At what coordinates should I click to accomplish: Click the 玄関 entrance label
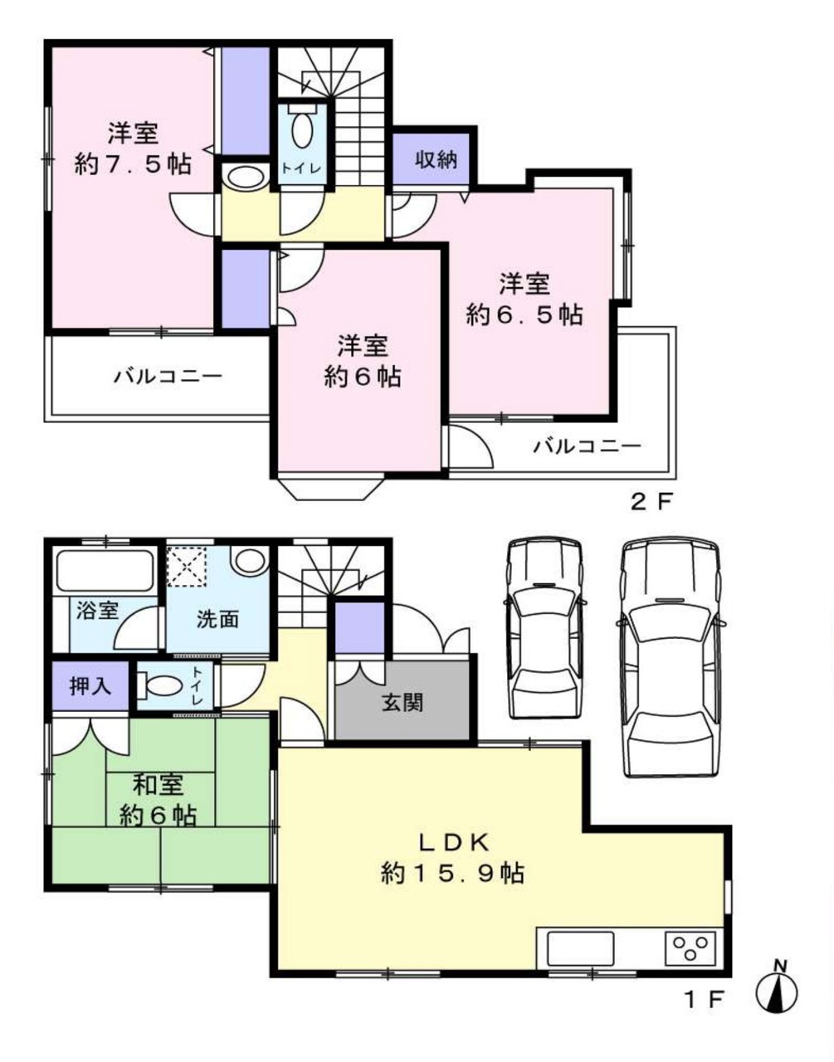click(x=402, y=704)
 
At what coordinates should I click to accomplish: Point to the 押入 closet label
click(x=91, y=687)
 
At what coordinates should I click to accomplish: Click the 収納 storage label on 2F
click(x=437, y=159)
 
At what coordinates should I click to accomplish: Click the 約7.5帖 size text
click(x=133, y=163)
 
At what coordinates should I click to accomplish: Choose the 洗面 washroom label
click(x=217, y=619)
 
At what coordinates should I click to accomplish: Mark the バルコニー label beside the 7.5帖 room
click(x=168, y=377)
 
